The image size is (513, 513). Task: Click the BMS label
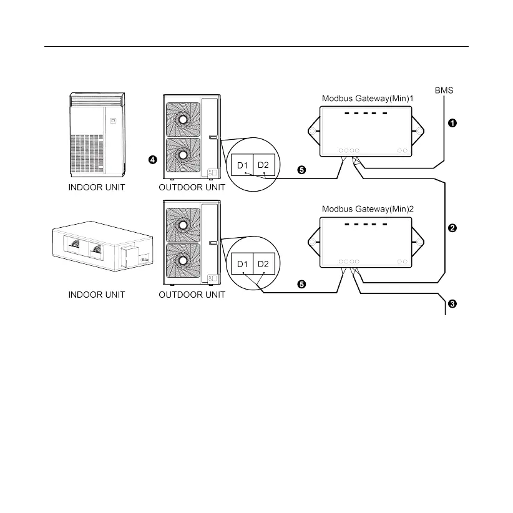[444, 90]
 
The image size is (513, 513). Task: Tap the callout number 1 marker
[453, 124]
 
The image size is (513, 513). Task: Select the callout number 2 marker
[453, 228]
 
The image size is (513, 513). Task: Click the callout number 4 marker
[152, 160]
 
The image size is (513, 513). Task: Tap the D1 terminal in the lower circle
[243, 265]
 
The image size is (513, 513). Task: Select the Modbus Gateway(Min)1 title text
[368, 99]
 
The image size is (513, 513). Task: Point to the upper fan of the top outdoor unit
[182, 119]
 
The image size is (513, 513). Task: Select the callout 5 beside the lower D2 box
[301, 284]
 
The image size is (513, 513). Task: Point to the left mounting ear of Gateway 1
[314, 132]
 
